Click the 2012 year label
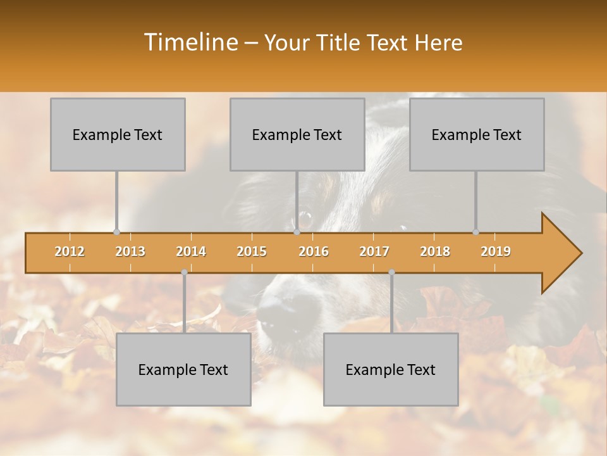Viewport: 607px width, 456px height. pos(70,251)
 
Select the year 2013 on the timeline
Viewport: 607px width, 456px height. pos(130,251)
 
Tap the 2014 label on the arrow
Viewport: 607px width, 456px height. pos(191,251)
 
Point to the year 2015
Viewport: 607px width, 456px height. pos(252,251)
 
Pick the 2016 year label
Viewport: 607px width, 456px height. pos(314,251)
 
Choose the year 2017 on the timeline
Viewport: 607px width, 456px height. pos(374,251)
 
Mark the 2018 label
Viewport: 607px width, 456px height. pos(435,251)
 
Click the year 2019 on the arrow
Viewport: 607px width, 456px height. pos(496,251)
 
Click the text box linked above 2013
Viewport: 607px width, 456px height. pos(118,134)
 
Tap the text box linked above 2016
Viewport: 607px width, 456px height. pos(297,134)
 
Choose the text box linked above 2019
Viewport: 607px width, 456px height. pos(477,134)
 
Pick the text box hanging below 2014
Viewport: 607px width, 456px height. pos(183,369)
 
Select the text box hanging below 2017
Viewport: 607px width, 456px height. pos(391,369)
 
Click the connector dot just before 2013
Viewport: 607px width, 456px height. pos(116,232)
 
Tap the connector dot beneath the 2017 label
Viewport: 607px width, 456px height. pos(391,272)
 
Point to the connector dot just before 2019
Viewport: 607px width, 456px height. pos(475,232)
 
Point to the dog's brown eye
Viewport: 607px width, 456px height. pos(305,220)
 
